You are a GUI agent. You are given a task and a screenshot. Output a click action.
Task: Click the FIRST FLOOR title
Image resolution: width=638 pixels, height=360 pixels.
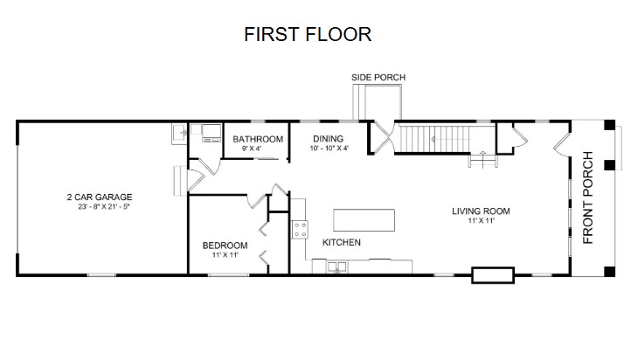(308, 34)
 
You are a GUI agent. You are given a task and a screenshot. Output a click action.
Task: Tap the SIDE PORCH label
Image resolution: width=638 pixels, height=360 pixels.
(378, 77)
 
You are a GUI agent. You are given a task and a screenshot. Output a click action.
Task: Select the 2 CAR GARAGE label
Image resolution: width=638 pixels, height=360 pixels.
(100, 197)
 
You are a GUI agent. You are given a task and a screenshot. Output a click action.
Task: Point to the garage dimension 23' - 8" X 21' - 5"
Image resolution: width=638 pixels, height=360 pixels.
(104, 206)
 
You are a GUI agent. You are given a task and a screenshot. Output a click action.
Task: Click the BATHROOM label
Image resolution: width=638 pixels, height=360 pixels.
(258, 139)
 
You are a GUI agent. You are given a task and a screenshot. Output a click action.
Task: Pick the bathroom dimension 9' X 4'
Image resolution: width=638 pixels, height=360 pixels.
(252, 149)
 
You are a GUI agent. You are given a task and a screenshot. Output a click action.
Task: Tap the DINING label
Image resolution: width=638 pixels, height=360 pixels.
(328, 139)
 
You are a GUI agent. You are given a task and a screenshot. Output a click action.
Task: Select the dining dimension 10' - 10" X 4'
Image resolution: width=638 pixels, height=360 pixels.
(329, 148)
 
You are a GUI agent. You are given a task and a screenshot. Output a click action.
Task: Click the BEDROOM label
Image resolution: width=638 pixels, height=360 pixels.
(225, 246)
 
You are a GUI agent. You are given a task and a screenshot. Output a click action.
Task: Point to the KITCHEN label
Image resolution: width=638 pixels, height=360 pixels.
(342, 242)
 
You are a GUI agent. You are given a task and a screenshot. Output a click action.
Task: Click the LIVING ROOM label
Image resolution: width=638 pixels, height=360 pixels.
(481, 211)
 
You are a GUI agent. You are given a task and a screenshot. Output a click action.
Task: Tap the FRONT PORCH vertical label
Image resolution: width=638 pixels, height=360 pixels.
(588, 197)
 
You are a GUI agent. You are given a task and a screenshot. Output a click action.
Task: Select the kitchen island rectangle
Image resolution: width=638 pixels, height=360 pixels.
(364, 220)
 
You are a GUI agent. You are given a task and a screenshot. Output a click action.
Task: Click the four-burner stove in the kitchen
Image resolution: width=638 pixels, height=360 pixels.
(301, 230)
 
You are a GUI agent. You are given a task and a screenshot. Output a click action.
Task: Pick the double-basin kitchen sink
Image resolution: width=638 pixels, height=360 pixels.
(336, 267)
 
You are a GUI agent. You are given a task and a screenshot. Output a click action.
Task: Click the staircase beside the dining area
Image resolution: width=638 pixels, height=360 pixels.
(434, 139)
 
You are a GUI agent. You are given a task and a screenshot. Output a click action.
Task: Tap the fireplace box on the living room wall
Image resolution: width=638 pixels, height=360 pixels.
(493, 275)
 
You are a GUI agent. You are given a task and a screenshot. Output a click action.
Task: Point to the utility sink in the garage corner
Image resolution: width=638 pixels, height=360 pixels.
(179, 134)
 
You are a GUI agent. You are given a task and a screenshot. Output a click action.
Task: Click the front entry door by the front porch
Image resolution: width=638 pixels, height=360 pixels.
(562, 142)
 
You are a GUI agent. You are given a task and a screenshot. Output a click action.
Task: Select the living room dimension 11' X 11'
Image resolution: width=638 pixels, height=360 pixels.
(482, 221)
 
